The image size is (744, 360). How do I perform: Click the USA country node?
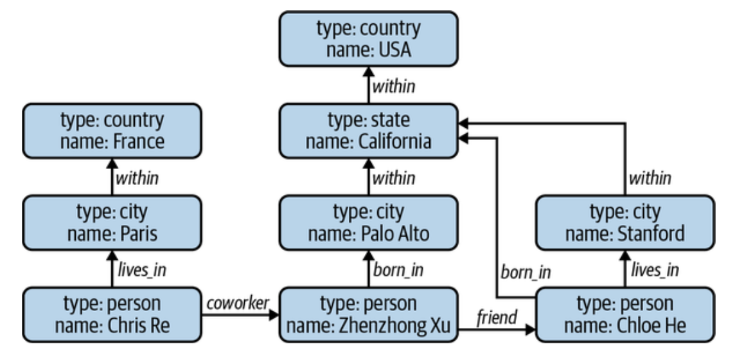click(369, 39)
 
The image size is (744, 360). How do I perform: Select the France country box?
click(112, 130)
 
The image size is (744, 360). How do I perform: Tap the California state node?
click(369, 130)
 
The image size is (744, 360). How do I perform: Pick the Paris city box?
click(112, 222)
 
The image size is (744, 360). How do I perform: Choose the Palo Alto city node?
click(369, 222)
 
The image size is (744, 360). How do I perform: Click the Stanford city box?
click(625, 222)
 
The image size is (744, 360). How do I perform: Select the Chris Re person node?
click(112, 314)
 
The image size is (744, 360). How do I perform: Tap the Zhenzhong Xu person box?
click(369, 314)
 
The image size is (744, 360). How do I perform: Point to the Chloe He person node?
click(625, 314)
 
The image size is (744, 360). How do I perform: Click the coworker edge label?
click(238, 303)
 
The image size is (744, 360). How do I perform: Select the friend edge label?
click(497, 317)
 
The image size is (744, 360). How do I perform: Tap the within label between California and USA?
click(394, 86)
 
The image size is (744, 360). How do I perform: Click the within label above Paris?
click(137, 179)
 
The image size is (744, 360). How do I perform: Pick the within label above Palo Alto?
click(394, 179)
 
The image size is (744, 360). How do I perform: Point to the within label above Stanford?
click(650, 179)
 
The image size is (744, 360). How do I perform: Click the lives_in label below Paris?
click(142, 270)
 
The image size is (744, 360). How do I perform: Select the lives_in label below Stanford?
click(655, 270)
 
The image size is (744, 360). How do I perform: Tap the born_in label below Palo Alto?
click(398, 270)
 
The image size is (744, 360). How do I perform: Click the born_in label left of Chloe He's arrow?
click(526, 273)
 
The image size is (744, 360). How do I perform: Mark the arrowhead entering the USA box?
click(369, 72)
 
